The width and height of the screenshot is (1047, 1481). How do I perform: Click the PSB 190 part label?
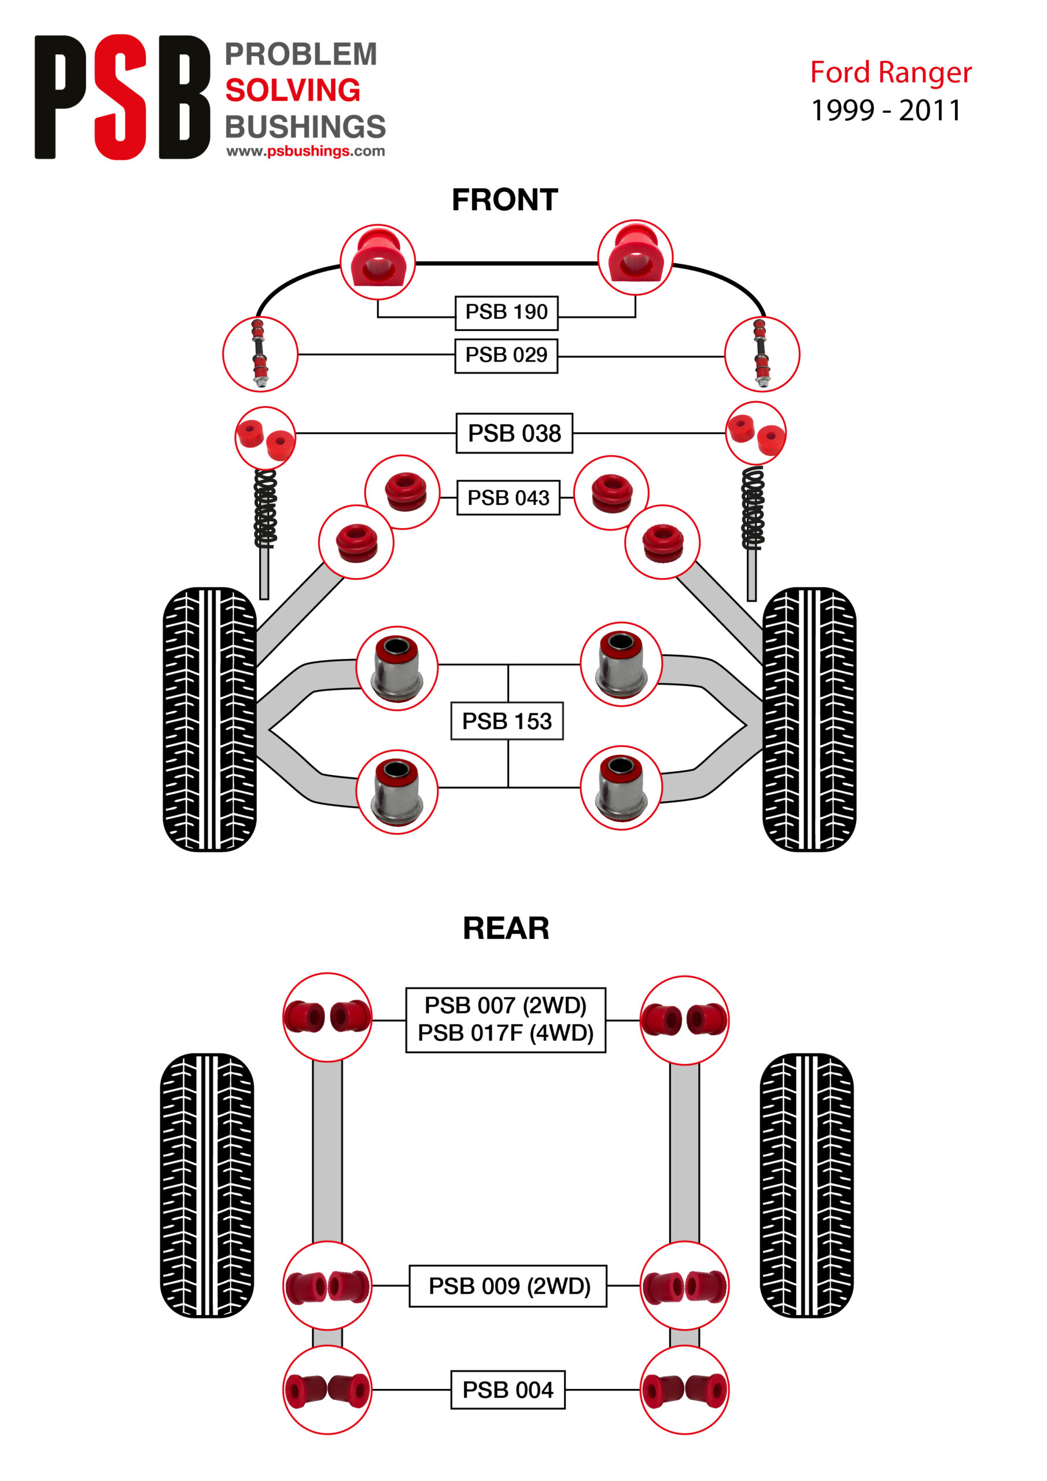[x=506, y=312]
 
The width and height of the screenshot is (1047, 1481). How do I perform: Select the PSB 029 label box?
[x=506, y=355]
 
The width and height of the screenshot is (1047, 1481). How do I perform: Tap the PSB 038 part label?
[x=514, y=433]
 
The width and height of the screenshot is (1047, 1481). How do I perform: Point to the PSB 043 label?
[x=508, y=498]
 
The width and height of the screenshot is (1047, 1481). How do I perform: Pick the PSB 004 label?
[x=507, y=1390]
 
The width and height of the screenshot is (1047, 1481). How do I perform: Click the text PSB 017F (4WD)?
[x=505, y=1033]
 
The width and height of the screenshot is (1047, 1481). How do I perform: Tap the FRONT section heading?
[x=504, y=200]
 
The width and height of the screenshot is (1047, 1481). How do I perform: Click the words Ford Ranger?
[x=890, y=73]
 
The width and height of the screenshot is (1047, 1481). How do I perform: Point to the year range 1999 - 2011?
[x=885, y=111]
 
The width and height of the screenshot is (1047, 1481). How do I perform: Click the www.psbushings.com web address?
[x=305, y=151]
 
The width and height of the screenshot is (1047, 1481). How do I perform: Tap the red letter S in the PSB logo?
[x=121, y=97]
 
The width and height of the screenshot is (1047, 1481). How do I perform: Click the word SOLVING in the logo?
[x=292, y=90]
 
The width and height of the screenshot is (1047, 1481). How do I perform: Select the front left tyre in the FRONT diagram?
[x=209, y=719]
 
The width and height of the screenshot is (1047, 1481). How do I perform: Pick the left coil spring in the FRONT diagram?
[x=265, y=509]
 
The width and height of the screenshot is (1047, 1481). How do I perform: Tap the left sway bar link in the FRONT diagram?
[x=259, y=354]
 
